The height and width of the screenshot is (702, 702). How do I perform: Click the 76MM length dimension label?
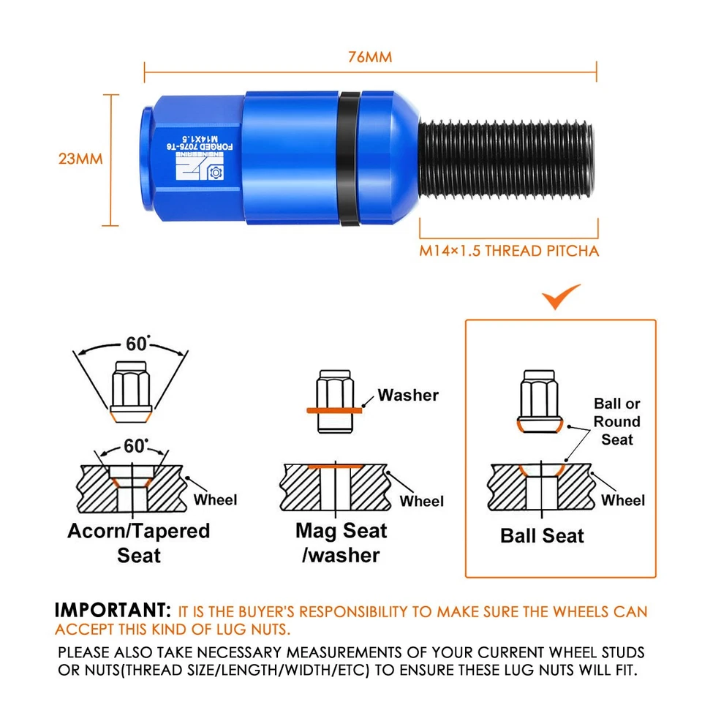[x=370, y=57]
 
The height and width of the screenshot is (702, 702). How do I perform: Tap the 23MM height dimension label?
[x=80, y=159]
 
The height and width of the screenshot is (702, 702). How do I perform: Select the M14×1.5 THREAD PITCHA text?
[x=509, y=252]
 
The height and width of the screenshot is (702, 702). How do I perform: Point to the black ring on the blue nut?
[x=348, y=159]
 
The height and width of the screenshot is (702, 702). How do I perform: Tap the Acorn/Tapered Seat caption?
[x=139, y=543]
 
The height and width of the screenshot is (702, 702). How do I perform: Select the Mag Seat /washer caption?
[x=341, y=543]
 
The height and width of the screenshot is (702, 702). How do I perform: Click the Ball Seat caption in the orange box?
[x=542, y=536]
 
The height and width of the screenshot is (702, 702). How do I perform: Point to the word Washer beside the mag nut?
[x=408, y=396]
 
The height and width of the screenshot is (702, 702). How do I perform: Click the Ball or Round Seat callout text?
[x=616, y=421]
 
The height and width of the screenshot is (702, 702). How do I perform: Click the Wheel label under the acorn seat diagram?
[x=216, y=499]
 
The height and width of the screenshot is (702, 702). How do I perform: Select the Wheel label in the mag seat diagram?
[x=422, y=501]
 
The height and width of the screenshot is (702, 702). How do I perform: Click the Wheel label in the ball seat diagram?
[x=623, y=500]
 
